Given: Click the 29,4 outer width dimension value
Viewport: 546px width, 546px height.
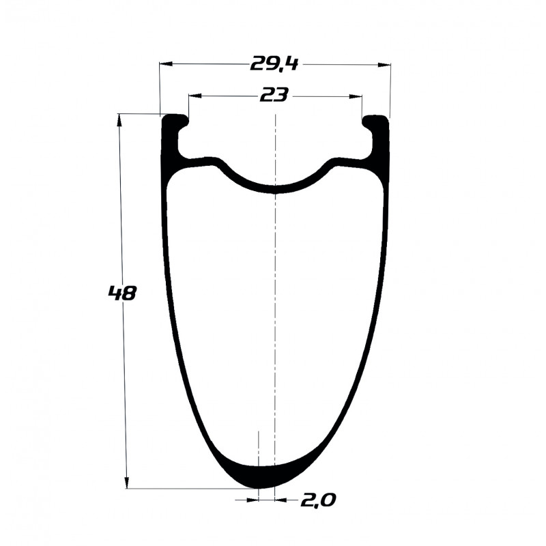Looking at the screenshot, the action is point(274,64).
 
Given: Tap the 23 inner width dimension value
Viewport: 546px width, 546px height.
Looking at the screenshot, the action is point(274,95).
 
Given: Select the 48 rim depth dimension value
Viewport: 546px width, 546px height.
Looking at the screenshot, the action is point(122,293).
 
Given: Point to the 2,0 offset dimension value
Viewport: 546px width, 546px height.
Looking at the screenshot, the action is point(318,501).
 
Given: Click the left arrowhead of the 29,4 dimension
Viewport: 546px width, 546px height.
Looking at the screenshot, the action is point(166,63).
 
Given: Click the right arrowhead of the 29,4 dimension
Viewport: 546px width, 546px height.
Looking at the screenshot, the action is point(384,64).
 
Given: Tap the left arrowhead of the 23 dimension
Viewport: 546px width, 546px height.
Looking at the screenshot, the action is point(195,96).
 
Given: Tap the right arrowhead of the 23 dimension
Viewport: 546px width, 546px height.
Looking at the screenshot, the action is point(356,96).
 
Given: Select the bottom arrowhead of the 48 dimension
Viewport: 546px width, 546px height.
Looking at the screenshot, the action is point(127,483).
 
